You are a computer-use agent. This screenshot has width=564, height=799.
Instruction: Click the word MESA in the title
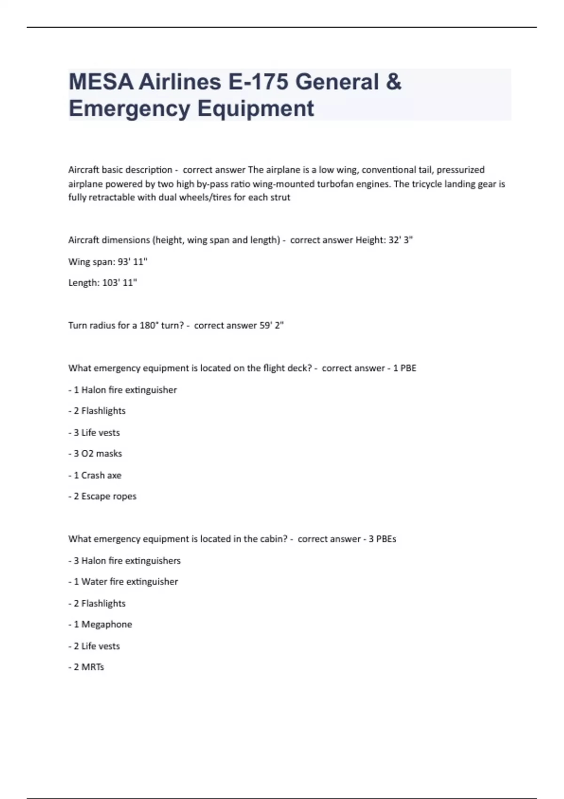point(100,82)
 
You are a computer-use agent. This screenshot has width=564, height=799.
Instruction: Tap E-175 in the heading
point(258,82)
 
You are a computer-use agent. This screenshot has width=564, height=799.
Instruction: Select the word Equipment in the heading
point(255,109)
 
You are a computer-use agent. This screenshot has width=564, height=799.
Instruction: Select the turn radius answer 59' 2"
point(272,326)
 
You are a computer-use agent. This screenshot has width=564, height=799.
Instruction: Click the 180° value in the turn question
point(149,326)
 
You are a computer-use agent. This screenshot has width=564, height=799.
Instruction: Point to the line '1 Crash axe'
point(95,475)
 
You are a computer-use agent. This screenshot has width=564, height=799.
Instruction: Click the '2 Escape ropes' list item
point(102,496)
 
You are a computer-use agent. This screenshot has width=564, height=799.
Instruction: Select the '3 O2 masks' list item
point(95,454)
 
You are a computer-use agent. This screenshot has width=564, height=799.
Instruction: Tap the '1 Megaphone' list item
point(100,625)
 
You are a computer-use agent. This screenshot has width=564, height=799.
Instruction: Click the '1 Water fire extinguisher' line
point(123,582)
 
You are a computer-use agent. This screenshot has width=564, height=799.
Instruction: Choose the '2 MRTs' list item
point(86,667)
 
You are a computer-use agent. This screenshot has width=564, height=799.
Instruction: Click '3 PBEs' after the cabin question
point(382,539)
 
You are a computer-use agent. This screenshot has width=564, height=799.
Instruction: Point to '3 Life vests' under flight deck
point(94,432)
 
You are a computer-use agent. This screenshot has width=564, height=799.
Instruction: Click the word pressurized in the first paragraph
point(461,170)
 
